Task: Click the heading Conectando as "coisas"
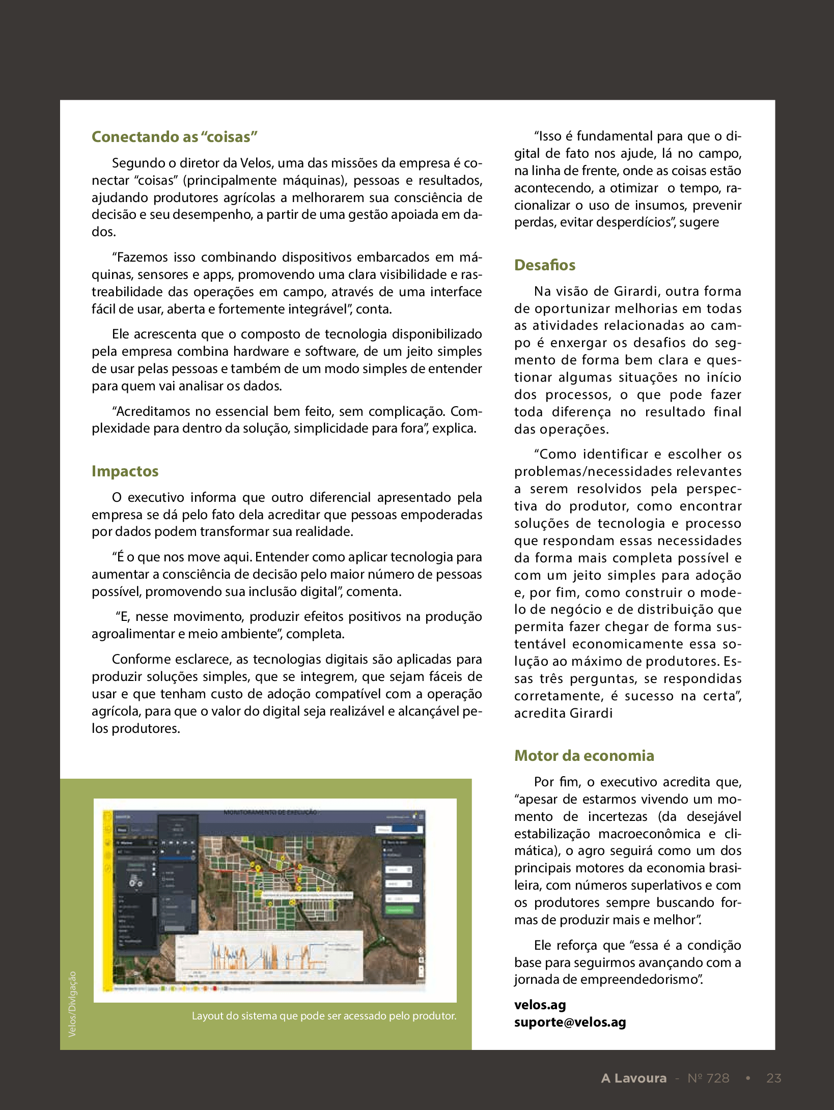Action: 175,137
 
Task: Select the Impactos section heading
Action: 125,471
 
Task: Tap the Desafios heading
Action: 544,265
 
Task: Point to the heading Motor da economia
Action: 583,756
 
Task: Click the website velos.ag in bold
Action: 540,1005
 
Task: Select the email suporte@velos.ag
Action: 570,1022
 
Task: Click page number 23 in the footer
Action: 773,1078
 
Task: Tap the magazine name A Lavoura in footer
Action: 633,1078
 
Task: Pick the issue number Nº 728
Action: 708,1078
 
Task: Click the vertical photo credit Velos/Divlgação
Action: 72,1004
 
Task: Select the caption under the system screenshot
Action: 324,1016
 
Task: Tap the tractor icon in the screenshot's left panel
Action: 135,882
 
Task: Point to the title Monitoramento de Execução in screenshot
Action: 270,812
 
